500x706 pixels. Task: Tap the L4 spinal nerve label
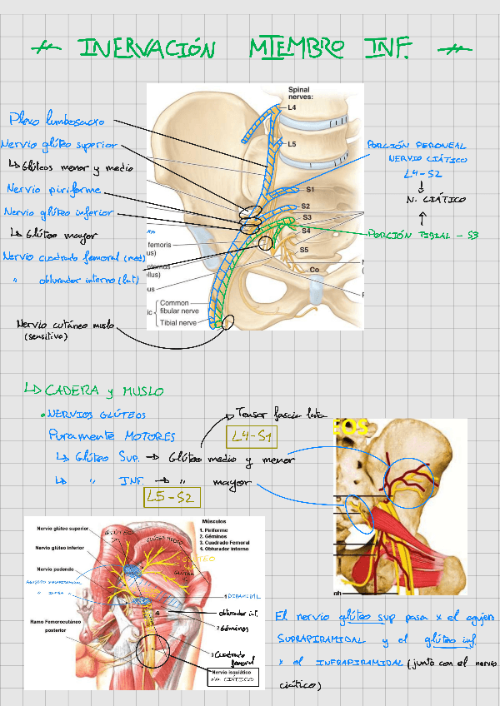pyautogui.click(x=292, y=107)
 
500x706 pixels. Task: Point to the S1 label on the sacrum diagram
pyautogui.click(x=309, y=190)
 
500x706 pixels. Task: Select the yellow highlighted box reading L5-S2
pyautogui.click(x=170, y=497)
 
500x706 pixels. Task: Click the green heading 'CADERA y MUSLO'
pyautogui.click(x=104, y=390)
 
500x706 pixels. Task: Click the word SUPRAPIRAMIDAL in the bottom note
pyautogui.click(x=321, y=640)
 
